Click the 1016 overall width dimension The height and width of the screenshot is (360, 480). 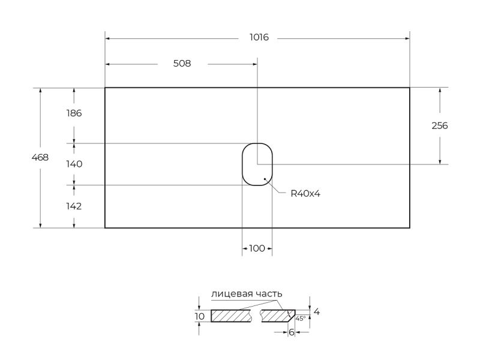click(x=259, y=37)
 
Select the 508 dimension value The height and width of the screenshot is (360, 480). click(x=182, y=64)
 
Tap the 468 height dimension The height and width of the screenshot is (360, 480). click(x=40, y=157)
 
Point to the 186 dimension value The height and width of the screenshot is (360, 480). click(x=74, y=113)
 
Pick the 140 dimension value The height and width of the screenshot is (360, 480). click(x=74, y=164)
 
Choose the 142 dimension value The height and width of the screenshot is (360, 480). click(x=74, y=206)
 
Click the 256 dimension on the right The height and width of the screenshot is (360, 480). click(x=440, y=125)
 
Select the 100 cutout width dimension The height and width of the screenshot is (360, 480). click(x=257, y=248)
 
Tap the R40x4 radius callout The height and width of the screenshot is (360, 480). click(x=305, y=193)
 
